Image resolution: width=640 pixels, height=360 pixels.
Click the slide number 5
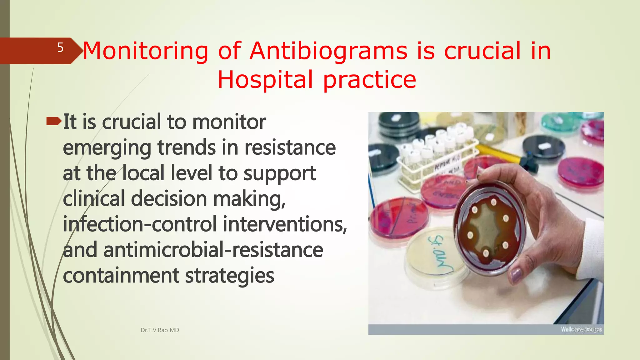[60, 48]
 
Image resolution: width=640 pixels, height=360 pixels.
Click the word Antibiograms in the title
[328, 51]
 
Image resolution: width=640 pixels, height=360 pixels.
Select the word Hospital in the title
[265, 80]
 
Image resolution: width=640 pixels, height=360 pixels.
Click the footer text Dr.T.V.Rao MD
[160, 330]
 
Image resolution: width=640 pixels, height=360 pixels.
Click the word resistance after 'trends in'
[290, 147]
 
